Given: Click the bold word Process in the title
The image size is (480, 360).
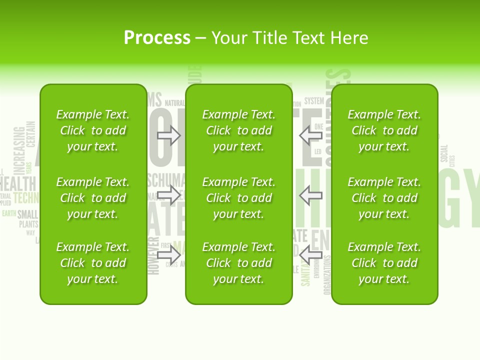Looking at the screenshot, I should pos(157,38).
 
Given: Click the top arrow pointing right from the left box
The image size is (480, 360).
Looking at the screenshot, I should pos(169,135).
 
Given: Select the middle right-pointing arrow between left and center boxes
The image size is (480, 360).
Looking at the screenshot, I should pos(169,195).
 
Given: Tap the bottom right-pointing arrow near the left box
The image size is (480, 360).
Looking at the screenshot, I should pos(169,255).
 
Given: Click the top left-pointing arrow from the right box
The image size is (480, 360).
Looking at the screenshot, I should pos(310,135).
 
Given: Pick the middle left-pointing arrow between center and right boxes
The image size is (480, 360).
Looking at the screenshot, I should pos(310,195).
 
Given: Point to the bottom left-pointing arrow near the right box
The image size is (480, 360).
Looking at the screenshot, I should pos(310,254).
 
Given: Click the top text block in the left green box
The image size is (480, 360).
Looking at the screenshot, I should pos(93,130).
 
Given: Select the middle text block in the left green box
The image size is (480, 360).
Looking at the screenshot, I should pos(93,198).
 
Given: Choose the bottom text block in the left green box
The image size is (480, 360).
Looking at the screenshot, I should pos(93,263).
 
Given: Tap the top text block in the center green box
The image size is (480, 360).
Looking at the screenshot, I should pos(238,130).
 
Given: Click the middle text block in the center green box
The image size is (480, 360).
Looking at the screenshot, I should pos(238,198).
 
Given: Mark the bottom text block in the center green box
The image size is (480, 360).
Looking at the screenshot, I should pos(238,263).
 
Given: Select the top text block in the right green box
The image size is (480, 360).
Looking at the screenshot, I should pos(384,130).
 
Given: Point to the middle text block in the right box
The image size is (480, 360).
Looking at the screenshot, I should pos(384,198).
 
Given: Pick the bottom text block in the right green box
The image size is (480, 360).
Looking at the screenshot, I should pos(384,263).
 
